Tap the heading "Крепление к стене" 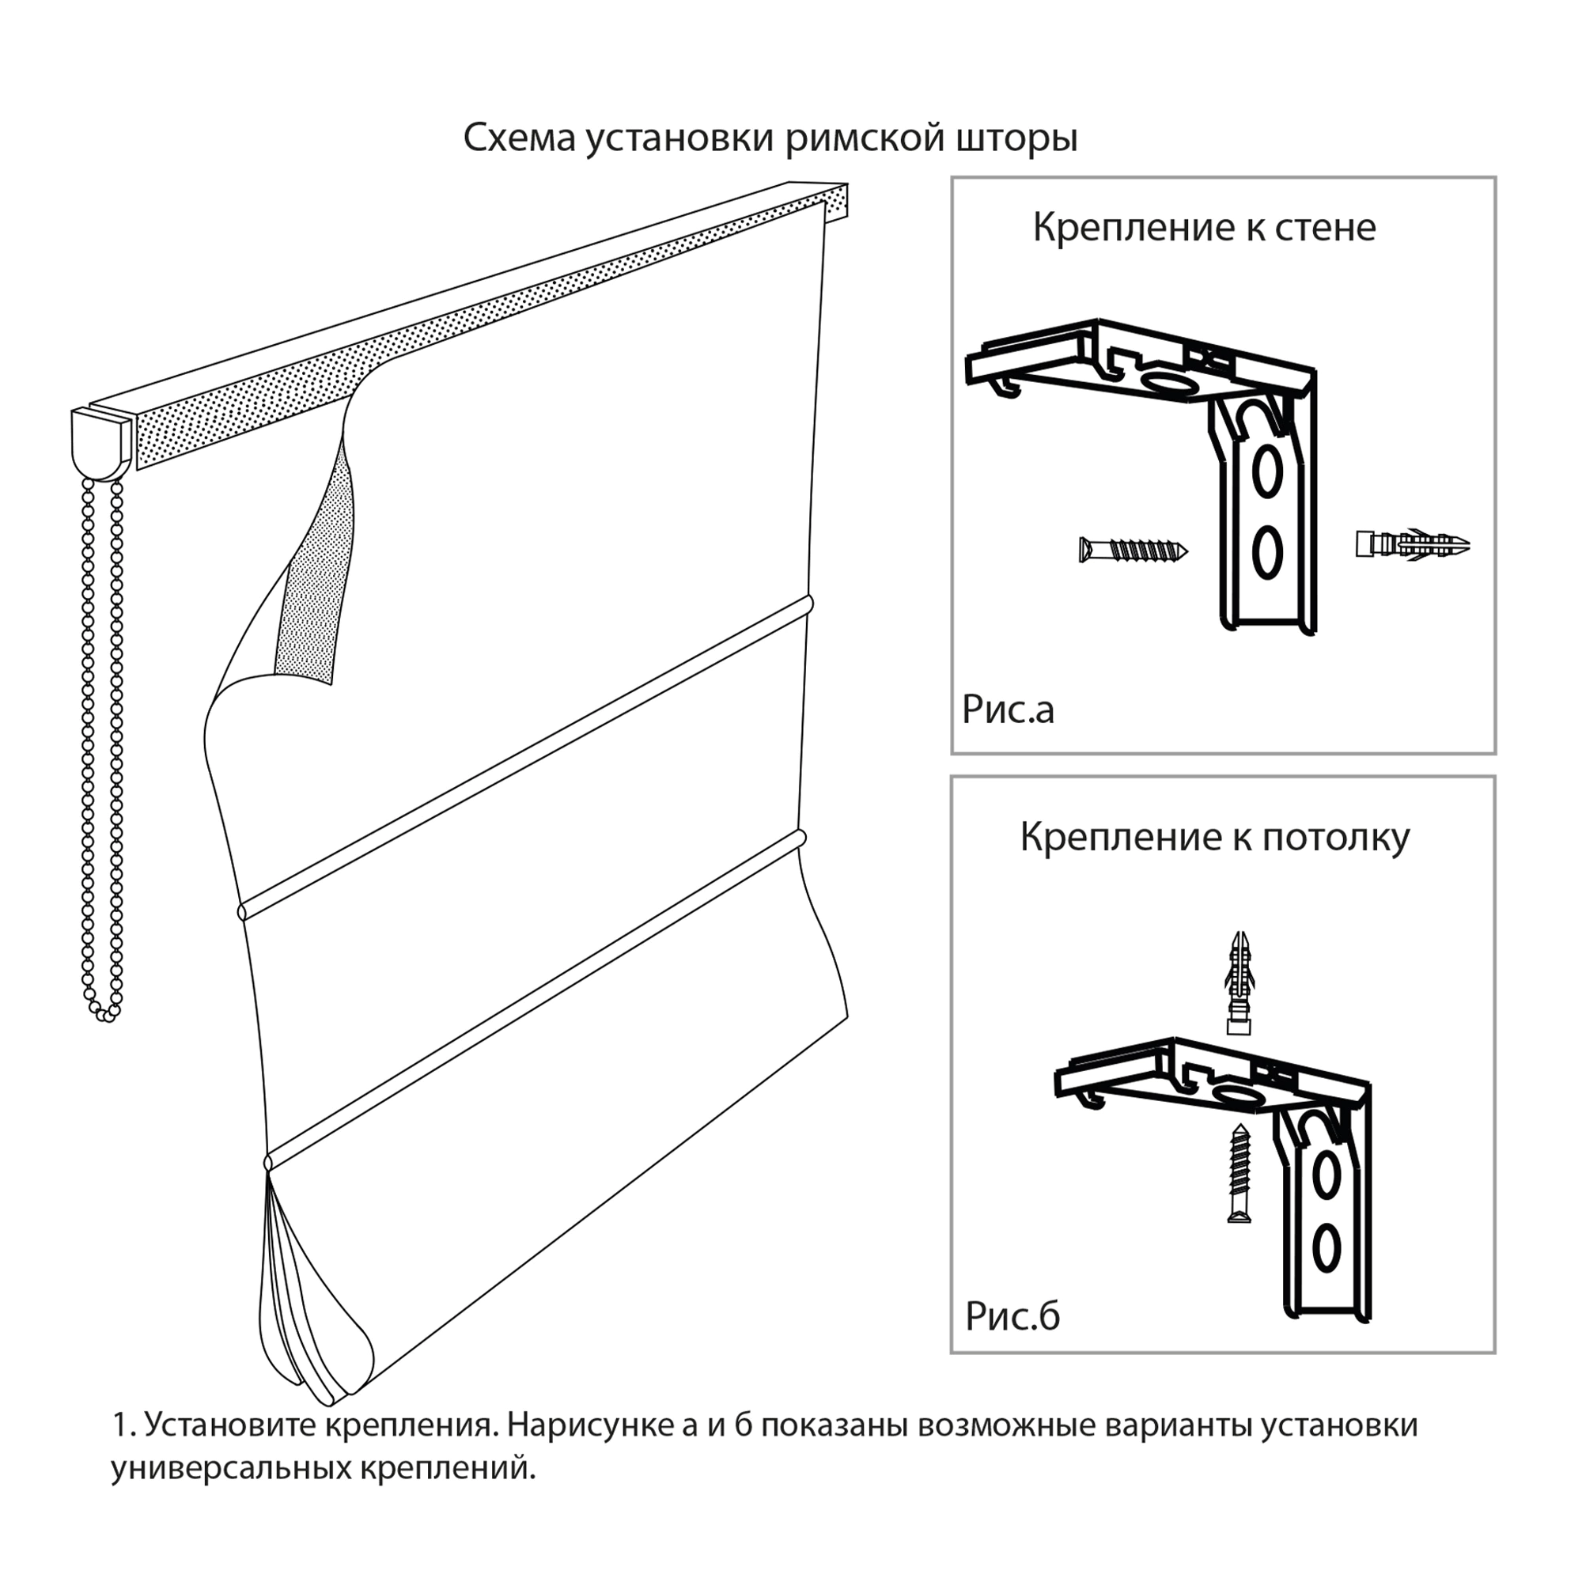(x=1204, y=228)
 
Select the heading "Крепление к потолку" (x=1214, y=837)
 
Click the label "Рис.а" (x=1008, y=709)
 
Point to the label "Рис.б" (x=1012, y=1315)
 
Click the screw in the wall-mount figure (x=1133, y=549)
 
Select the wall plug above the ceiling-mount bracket (x=1239, y=983)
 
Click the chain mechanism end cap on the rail (x=99, y=444)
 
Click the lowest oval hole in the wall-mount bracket (x=1266, y=553)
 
